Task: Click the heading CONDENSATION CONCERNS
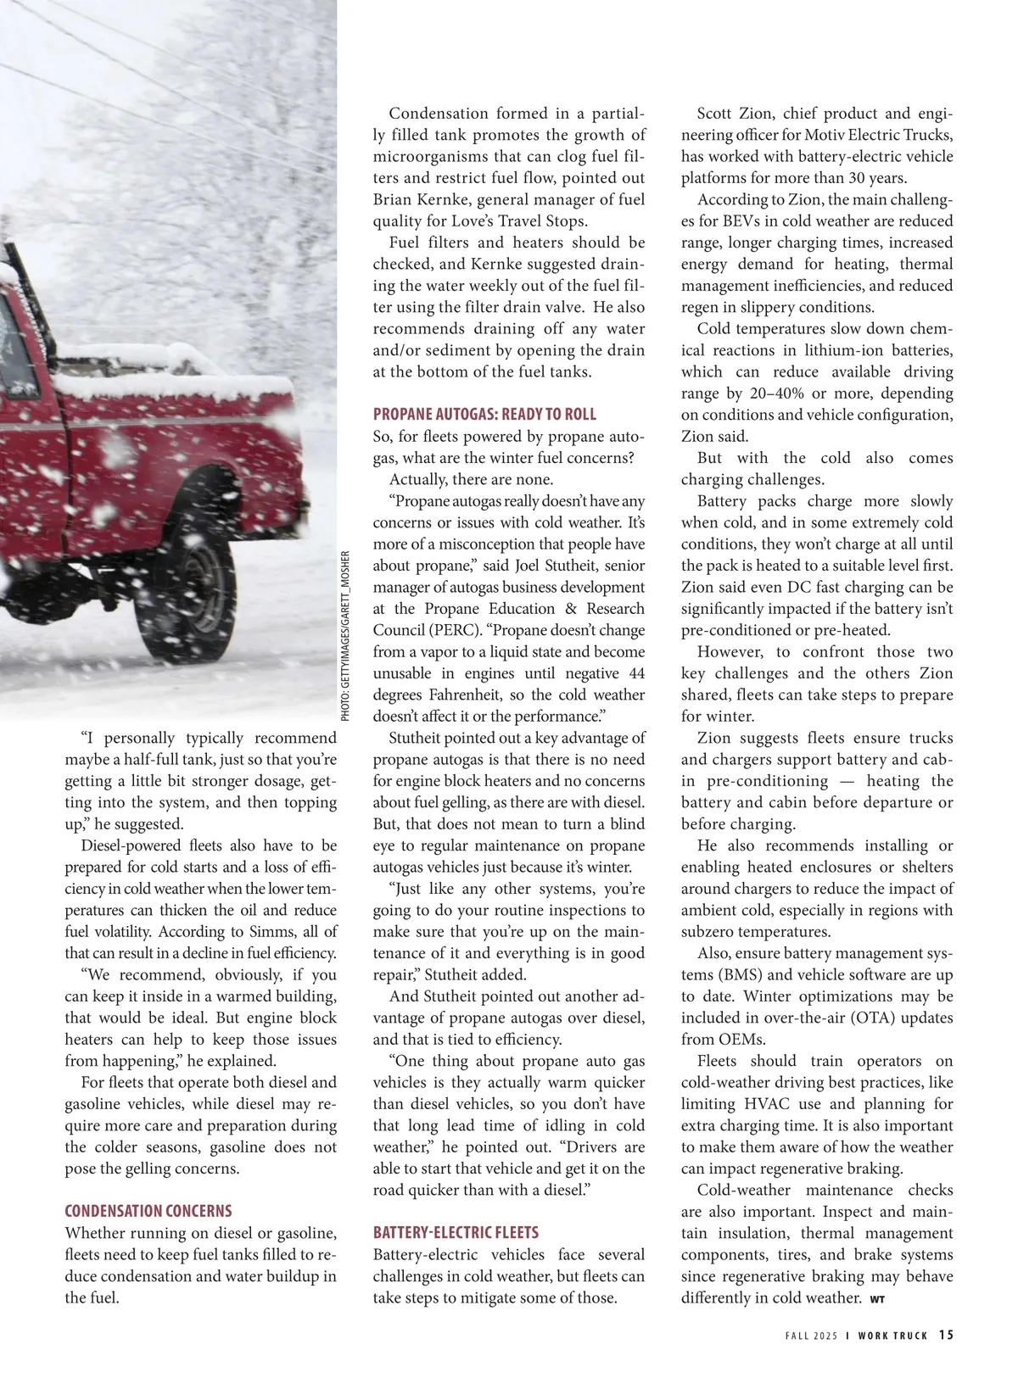148,1211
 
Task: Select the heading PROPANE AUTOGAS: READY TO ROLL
484,414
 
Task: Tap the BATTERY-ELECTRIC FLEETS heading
456,1232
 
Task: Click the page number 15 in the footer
946,1335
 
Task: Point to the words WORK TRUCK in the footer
892,1336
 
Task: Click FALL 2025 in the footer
811,1336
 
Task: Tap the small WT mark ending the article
876,1299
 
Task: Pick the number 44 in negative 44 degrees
636,673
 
